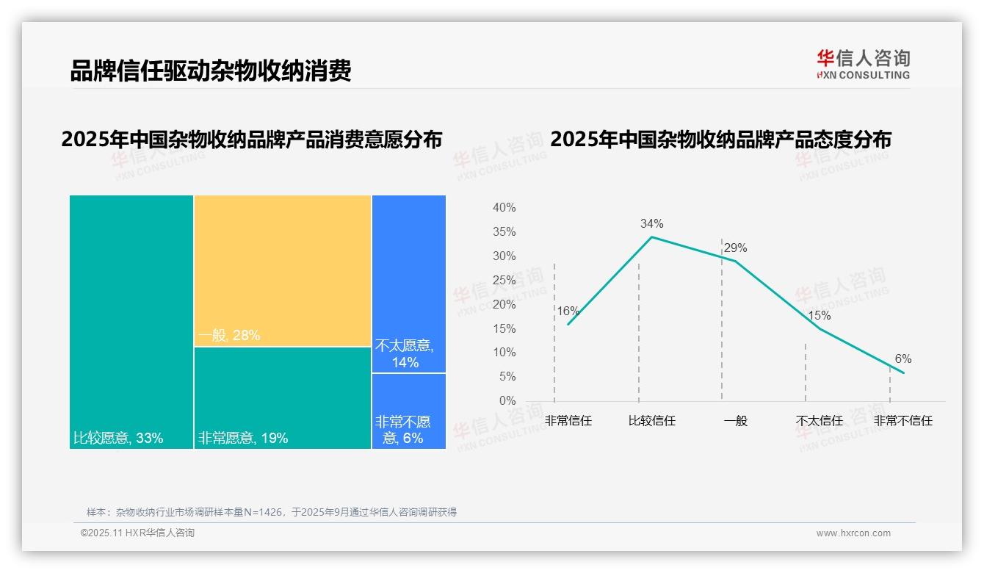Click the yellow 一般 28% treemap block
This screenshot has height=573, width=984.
coord(283,270)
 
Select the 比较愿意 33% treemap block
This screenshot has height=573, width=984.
coord(131,321)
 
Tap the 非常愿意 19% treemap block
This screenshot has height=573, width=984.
coord(283,397)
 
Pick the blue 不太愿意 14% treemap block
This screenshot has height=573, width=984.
coord(408,284)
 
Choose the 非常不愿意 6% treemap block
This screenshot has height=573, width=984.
coord(408,411)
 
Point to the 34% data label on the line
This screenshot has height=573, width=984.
coord(651,223)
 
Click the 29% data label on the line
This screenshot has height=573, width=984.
coord(735,248)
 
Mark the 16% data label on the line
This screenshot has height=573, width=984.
coord(568,311)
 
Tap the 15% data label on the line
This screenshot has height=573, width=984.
coord(819,315)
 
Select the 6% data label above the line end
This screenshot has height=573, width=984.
coord(902,358)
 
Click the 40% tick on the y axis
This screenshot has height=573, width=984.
coord(504,208)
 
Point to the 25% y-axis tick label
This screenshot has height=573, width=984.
coord(504,280)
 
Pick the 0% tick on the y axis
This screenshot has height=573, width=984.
coord(507,400)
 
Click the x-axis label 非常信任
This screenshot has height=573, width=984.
coord(568,421)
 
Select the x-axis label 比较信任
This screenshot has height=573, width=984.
coord(651,421)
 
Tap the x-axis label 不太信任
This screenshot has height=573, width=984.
coord(819,421)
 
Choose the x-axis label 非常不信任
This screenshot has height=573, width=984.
coord(902,421)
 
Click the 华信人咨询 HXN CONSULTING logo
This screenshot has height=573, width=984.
coord(863,64)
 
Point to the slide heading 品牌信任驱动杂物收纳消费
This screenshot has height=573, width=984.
coord(211,71)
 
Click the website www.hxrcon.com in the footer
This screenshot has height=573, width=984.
coord(853,533)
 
